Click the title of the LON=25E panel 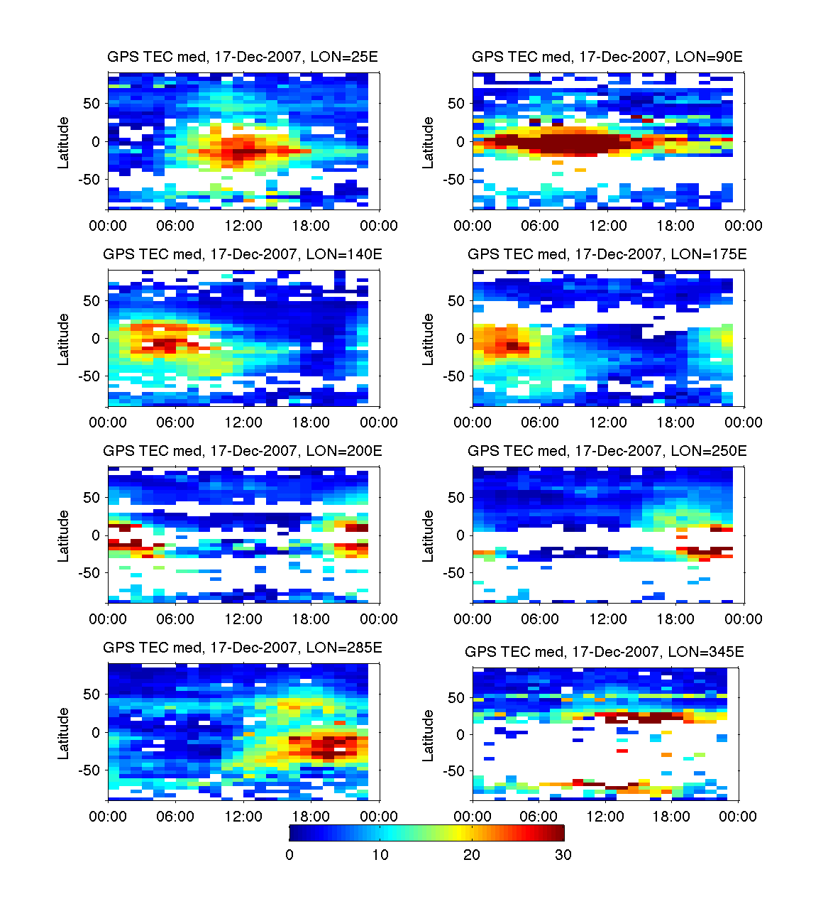(x=243, y=57)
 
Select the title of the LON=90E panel (x=607, y=57)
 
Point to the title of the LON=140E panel (x=243, y=254)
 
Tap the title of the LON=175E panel (x=607, y=254)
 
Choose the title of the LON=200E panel (x=243, y=451)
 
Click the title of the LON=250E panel (x=607, y=451)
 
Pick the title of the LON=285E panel (x=243, y=648)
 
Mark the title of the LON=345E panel (x=605, y=652)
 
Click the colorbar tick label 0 (x=289, y=855)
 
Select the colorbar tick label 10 (x=380, y=855)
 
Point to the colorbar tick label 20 (x=472, y=855)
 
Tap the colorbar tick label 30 (x=563, y=855)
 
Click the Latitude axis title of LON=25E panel (x=64, y=143)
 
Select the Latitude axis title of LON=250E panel (x=429, y=536)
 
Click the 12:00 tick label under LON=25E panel (x=243, y=226)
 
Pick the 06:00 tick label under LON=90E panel (x=540, y=226)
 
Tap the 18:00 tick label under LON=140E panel (x=311, y=423)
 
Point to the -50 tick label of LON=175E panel (x=453, y=376)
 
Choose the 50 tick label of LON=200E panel (x=92, y=498)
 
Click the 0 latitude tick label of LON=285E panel (x=96, y=732)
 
